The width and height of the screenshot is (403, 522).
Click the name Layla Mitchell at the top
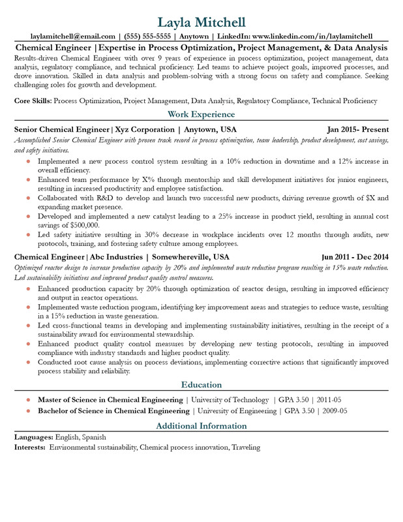pyautogui.click(x=201, y=22)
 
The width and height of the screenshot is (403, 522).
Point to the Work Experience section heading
pyautogui.click(x=201, y=115)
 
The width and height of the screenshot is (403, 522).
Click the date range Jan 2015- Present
pyautogui.click(x=358, y=129)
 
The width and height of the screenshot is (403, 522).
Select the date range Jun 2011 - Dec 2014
pyautogui.click(x=355, y=256)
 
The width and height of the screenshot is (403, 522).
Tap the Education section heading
pyautogui.click(x=201, y=384)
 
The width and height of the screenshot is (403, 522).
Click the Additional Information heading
pyautogui.click(x=201, y=426)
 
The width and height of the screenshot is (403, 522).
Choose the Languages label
pyautogui.click(x=34, y=437)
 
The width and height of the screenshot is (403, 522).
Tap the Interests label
pyautogui.click(x=30, y=448)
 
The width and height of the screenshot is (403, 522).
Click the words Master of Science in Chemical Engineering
pyautogui.click(x=110, y=399)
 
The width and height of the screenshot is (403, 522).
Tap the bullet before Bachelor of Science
pyautogui.click(x=28, y=411)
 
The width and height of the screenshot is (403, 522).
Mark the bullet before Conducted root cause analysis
pyautogui.click(x=28, y=361)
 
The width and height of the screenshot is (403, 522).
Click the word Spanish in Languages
pyautogui.click(x=91, y=437)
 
